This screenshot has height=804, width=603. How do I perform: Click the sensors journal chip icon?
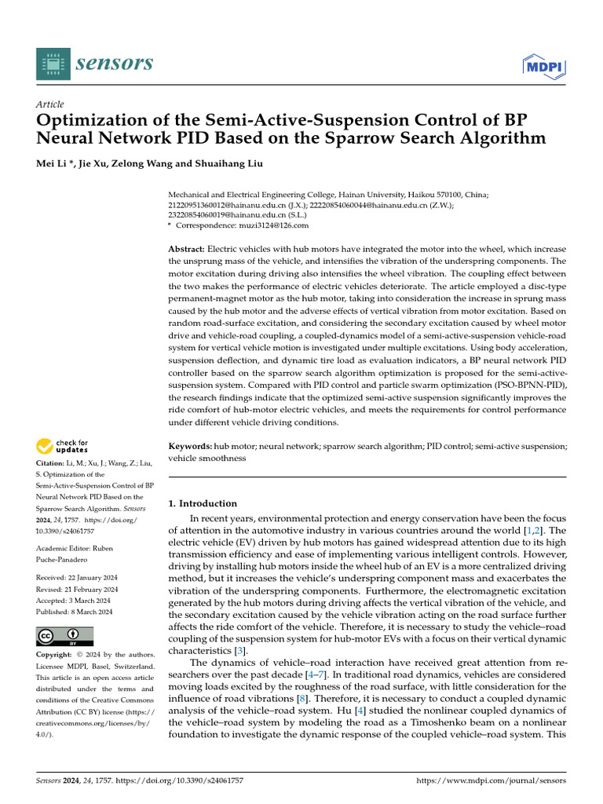[x=52, y=63]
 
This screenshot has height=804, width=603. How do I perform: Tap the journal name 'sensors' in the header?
[x=114, y=63]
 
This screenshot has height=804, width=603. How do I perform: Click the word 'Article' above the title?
[x=50, y=104]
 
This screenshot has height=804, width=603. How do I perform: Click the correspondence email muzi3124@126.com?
[x=273, y=225]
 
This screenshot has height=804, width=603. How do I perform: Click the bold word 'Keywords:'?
[x=191, y=446]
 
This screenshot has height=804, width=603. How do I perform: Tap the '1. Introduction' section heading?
[x=203, y=503]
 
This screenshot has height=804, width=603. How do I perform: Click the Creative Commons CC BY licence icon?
[x=64, y=636]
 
